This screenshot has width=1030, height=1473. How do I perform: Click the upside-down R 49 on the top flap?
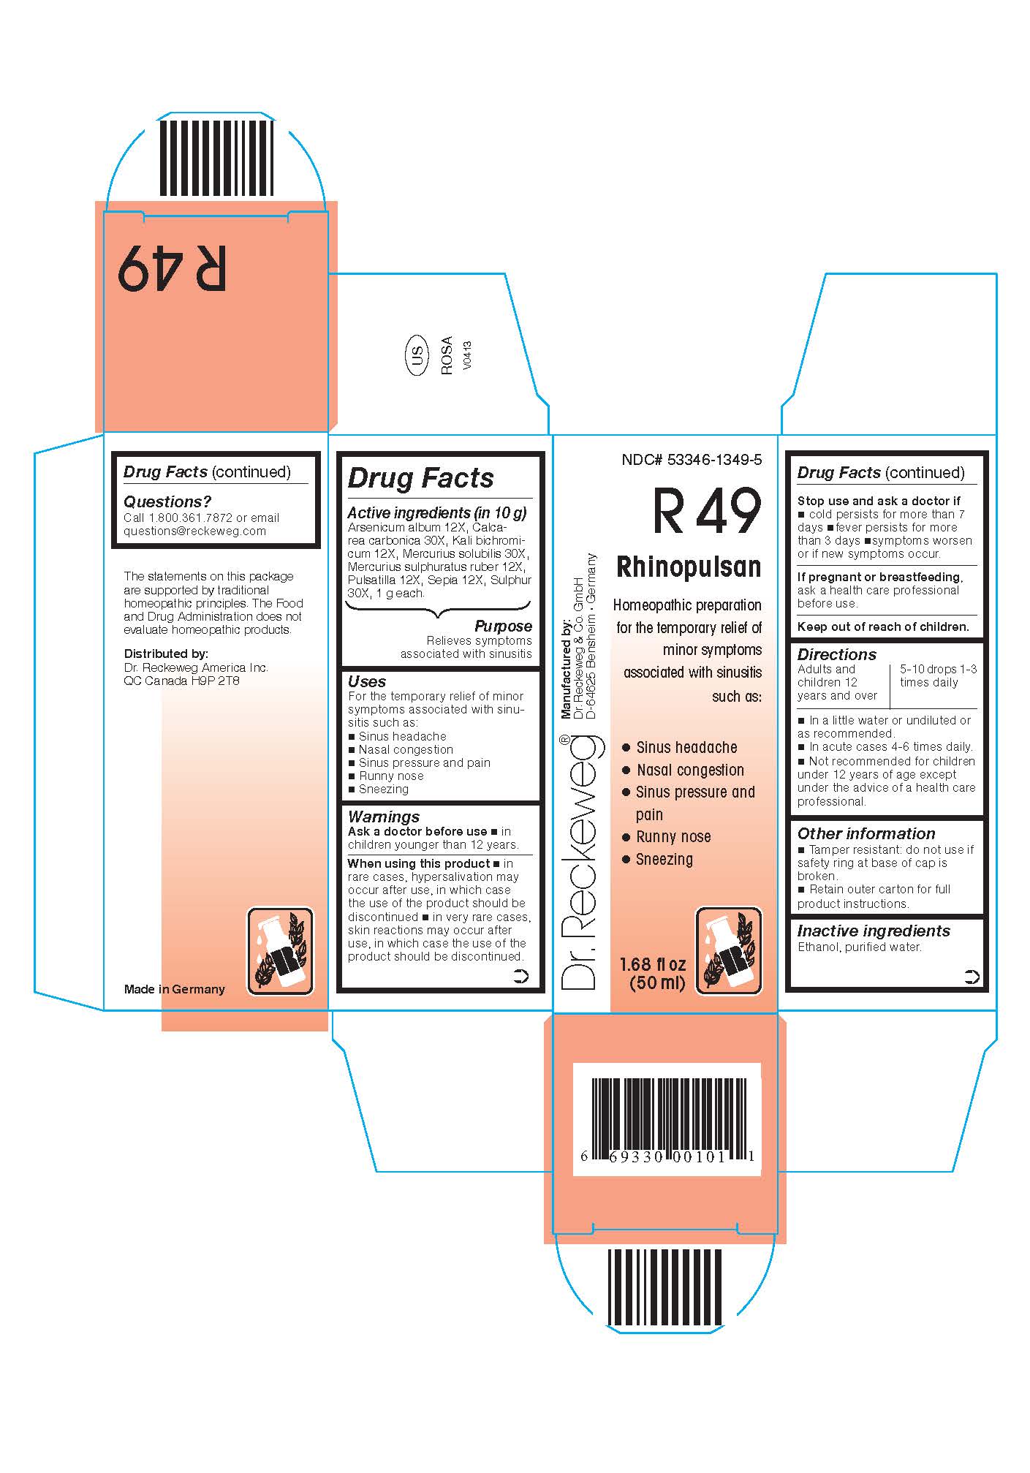(x=173, y=268)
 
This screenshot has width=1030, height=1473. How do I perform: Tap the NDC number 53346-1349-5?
(x=692, y=460)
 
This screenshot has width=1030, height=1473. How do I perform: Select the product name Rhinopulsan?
(x=689, y=567)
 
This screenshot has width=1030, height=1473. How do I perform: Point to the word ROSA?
(x=447, y=356)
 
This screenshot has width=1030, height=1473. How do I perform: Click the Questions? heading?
(x=167, y=501)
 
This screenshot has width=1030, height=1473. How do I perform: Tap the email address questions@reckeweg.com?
(x=194, y=531)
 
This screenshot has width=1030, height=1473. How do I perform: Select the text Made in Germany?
(x=175, y=989)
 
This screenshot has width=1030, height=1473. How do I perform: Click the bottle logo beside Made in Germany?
(x=280, y=951)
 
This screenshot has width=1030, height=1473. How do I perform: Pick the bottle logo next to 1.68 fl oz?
(x=728, y=951)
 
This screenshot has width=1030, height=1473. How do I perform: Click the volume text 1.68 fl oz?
(x=653, y=965)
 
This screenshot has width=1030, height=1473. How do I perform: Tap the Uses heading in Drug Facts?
(x=367, y=681)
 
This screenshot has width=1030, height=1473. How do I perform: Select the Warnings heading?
(x=384, y=817)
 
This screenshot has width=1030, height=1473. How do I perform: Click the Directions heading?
(x=836, y=654)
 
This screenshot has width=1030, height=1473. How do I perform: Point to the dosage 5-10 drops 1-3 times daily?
(x=938, y=675)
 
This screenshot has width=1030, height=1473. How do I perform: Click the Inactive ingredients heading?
(x=874, y=931)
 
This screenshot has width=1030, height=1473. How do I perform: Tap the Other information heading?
(x=866, y=833)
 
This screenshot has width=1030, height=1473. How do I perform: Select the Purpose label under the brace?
(x=503, y=626)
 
